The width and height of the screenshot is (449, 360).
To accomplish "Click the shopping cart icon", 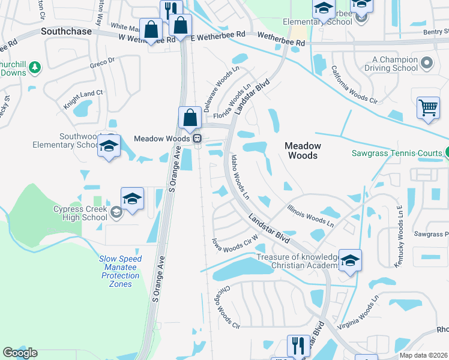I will tap(428, 109).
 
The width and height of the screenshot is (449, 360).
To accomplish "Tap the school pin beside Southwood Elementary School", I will tap(109, 146).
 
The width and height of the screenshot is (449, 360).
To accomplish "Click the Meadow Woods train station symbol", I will tap(196, 139).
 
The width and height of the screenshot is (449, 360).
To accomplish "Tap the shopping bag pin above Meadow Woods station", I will tap(190, 118).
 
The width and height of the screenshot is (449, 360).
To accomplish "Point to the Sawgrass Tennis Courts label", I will tap(397, 154).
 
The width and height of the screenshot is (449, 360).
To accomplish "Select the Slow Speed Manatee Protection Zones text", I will tap(120, 271).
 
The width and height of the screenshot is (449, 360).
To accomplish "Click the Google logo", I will tap(19, 353).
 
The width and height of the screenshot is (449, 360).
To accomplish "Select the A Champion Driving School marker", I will tap(427, 62).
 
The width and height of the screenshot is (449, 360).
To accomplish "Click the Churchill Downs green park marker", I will tap(35, 67).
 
